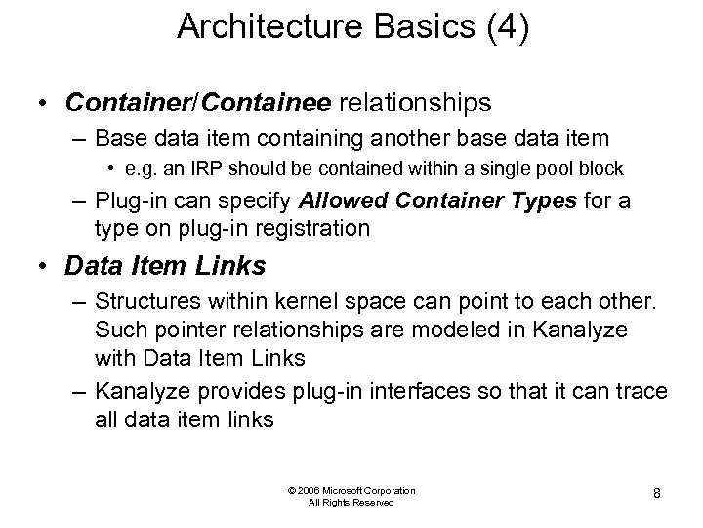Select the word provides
[252, 391]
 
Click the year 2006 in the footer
[308, 490]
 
